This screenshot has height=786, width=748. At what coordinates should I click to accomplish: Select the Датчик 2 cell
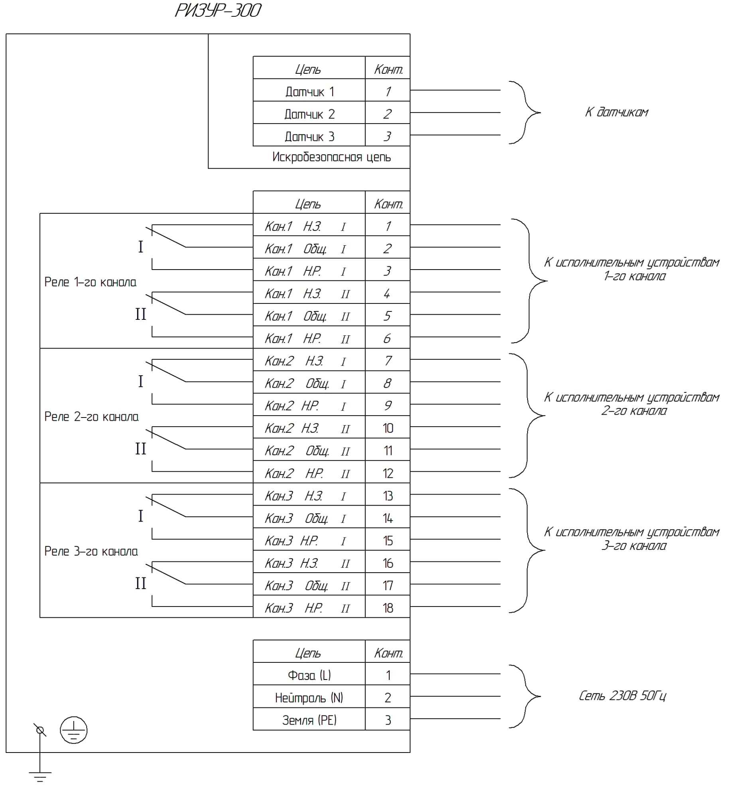pos(309,114)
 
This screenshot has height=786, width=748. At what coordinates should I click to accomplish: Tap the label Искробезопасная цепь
pos(331,157)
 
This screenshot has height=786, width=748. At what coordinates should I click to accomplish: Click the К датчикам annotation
pos(616,112)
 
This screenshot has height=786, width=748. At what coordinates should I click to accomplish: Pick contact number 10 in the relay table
pos(388,428)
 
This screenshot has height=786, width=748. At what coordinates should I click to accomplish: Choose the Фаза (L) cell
pos(309,675)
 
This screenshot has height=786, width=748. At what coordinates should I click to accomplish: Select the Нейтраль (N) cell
pos(309,697)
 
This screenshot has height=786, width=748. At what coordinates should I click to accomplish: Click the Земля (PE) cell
pos(309,720)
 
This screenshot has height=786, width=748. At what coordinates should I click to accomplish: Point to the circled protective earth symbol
pos(73,730)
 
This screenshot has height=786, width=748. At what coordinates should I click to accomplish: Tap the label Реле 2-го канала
pos(91,417)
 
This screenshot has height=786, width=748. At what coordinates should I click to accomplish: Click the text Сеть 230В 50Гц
pos(622,696)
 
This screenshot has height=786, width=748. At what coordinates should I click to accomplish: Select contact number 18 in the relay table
pos(388,608)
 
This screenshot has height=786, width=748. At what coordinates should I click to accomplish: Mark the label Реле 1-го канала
pos(90,282)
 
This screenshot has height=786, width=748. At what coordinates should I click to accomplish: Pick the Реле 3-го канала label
pos(91,551)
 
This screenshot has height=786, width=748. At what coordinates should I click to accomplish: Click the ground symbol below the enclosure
pos(40,776)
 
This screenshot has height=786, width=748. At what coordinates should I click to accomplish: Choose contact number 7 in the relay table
pos(388,361)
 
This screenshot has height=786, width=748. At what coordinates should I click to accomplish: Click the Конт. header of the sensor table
pos(388,69)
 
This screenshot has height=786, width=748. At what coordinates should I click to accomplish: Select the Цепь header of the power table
pos(308,653)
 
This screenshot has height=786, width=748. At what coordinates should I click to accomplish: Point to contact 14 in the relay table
pos(388,518)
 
